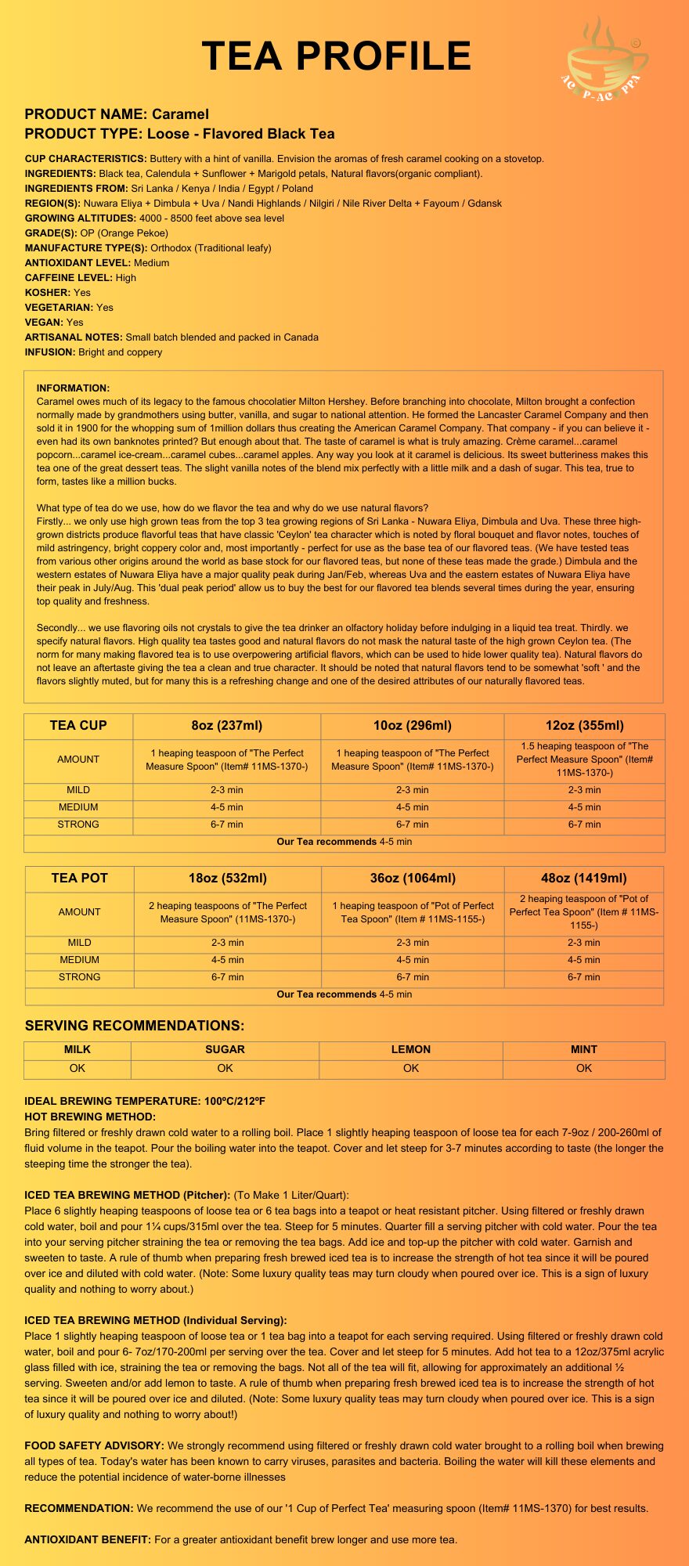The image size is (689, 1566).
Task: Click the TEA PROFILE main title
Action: click(337, 56)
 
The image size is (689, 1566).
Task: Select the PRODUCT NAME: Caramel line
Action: click(117, 114)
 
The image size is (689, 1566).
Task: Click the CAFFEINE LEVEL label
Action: click(69, 278)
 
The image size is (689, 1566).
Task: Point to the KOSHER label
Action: click(48, 293)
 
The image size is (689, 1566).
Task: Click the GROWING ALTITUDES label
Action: click(81, 218)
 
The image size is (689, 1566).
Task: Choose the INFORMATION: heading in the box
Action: click(73, 388)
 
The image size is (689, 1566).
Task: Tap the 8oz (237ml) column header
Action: click(227, 726)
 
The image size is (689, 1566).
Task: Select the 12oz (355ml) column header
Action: click(584, 726)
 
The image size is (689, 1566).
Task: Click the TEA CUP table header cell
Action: click(78, 726)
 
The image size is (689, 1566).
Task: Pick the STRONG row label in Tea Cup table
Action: click(78, 824)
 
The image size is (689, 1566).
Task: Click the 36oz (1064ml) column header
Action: click(413, 879)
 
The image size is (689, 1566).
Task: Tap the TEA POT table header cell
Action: click(79, 879)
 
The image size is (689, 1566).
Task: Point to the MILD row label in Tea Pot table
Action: click(79, 943)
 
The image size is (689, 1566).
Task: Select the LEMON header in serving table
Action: click(411, 1050)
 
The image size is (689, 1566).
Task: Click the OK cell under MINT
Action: click(584, 1069)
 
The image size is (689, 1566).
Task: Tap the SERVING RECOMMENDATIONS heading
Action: click(135, 1026)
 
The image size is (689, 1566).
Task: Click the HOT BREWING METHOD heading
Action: click(90, 1117)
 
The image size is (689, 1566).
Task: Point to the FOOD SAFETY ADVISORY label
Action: click(94, 1445)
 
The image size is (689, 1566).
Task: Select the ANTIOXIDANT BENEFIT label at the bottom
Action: click(88, 1539)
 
